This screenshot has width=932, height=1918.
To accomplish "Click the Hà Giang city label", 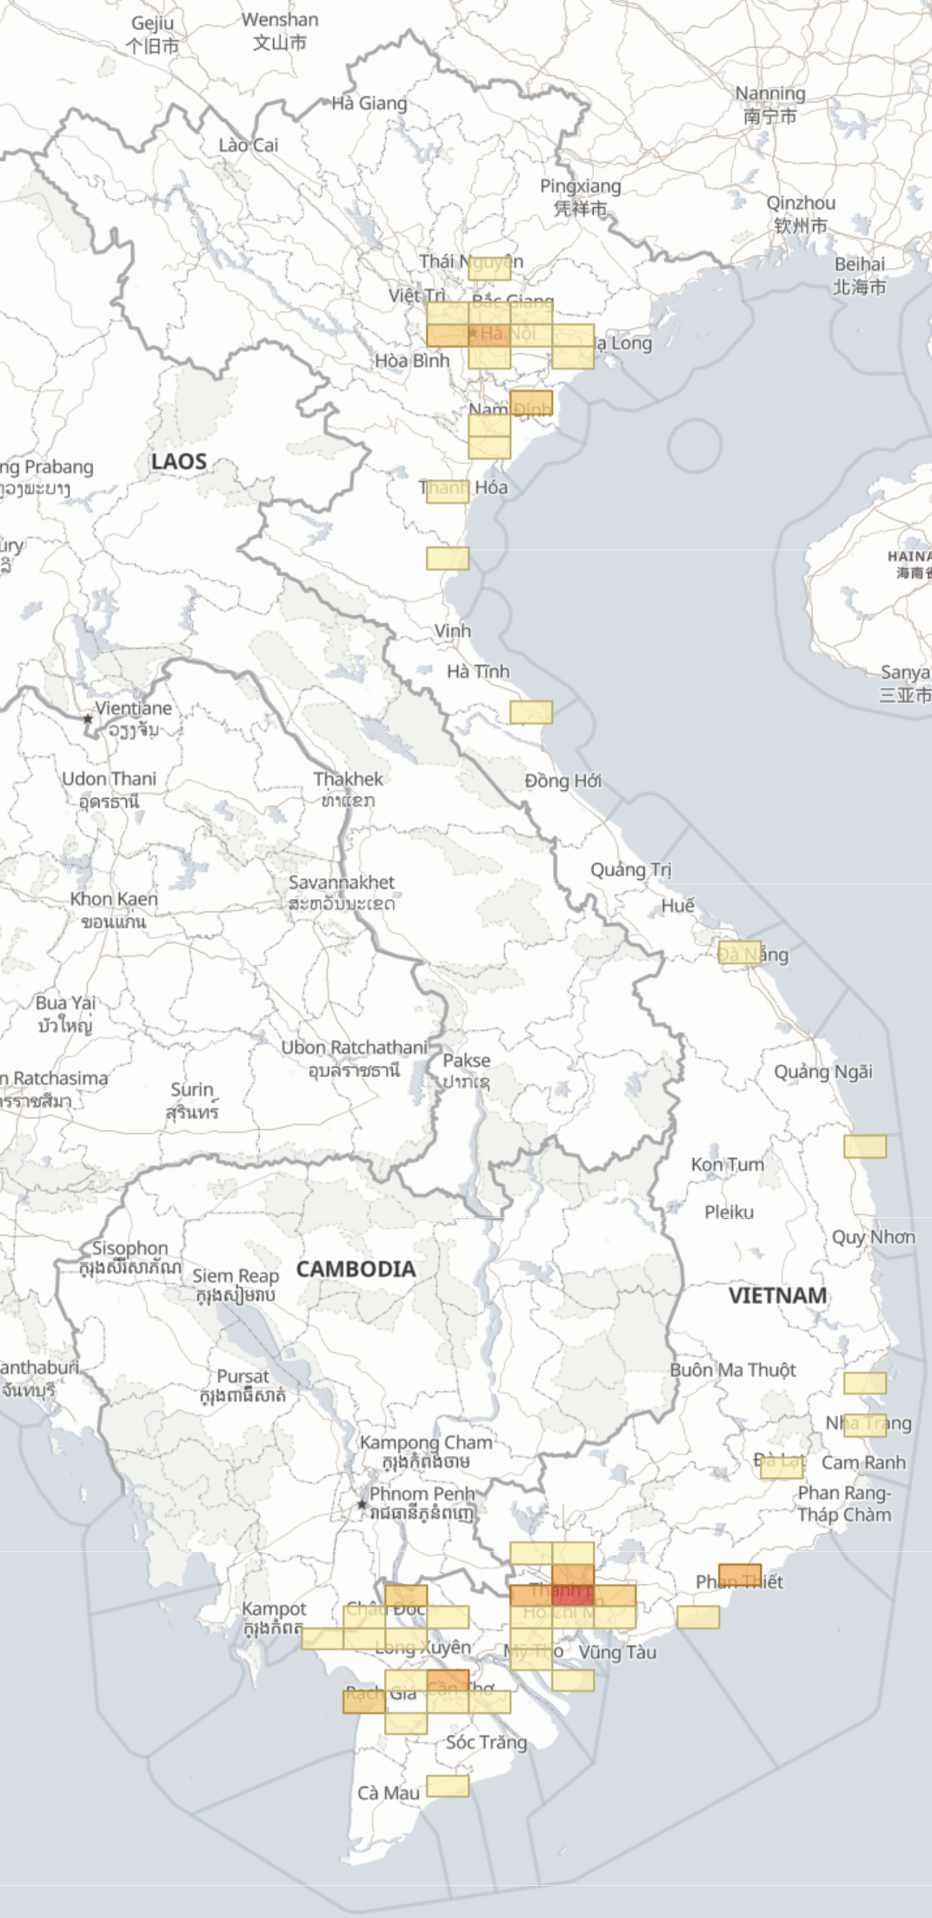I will pos(369,103).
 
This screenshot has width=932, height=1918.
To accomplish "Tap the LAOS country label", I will pos(179,462).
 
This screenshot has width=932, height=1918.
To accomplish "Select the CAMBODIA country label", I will pos(356,1269).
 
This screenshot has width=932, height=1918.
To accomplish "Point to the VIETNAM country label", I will pos(777,1295).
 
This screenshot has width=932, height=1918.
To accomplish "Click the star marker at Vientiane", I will pos(88,719).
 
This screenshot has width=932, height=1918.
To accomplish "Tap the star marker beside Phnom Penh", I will pos(362,1504).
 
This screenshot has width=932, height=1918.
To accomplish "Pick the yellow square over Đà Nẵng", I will pos(740,953).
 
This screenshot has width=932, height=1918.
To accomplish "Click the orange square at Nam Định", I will pos(531,403).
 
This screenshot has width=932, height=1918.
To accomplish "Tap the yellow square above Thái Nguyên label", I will pos(489,268).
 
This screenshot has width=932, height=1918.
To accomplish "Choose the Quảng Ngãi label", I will pos(823,1071).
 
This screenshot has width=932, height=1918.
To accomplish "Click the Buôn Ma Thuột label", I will pos(733,1369).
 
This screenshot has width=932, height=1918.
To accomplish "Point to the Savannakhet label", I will pos(342,882).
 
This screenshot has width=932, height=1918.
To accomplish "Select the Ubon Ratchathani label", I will pos(354,1048).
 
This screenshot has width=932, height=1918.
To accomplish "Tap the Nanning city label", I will pos(770,93).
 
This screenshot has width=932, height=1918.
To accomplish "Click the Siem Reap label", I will pos(236,1275).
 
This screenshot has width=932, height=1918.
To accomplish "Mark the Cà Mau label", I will pos(388,1792).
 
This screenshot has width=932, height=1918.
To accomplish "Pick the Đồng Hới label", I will pos(563,781).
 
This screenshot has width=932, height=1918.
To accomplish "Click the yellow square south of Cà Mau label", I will pos(448,1786).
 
